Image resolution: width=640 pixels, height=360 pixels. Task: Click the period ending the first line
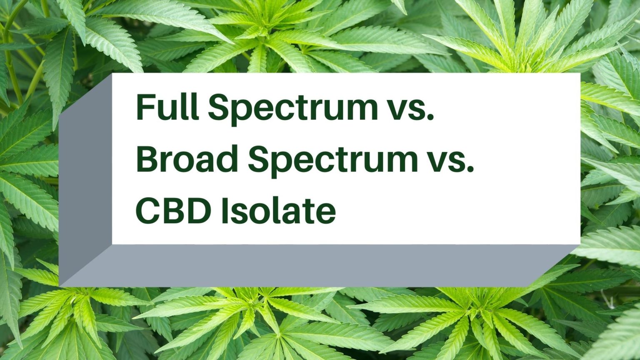pyautogui.click(x=430, y=117)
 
